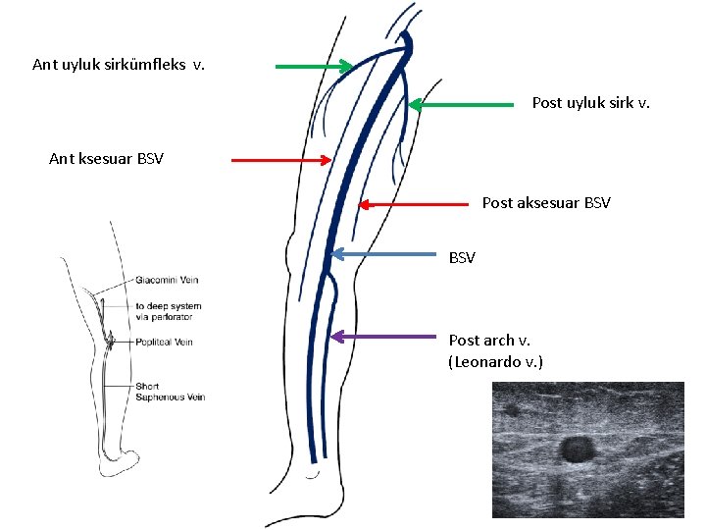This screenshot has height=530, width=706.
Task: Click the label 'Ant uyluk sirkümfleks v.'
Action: pyautogui.click(x=119, y=66)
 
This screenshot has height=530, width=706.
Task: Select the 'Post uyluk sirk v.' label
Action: pyautogui.click(x=590, y=102)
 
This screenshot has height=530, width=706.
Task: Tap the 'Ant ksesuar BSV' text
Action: pyautogui.click(x=106, y=159)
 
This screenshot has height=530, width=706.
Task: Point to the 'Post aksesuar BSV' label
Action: pyautogui.click(x=546, y=203)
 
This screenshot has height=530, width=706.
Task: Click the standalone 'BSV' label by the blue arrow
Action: pyautogui.click(x=462, y=258)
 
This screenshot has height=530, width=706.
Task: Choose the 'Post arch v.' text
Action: pyautogui.click(x=481, y=341)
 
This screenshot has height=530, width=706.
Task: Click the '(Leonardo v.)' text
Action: pyautogui.click(x=495, y=362)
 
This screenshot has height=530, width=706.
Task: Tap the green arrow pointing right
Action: pyautogui.click(x=314, y=67)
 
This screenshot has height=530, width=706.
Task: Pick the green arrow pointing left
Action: pyautogui.click(x=461, y=103)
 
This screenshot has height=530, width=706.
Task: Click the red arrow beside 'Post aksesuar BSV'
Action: pyautogui.click(x=413, y=204)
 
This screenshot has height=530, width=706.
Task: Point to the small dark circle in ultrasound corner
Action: pyautogui.click(x=510, y=409)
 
